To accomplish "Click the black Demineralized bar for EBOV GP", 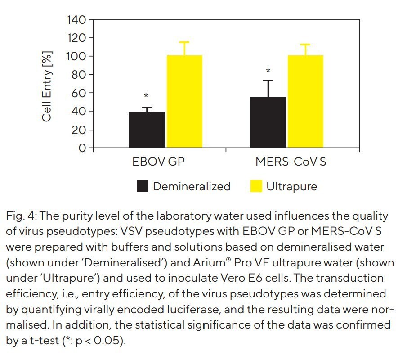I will (147, 130).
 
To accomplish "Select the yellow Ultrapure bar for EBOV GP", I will (184, 101).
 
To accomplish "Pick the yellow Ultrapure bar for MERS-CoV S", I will (305, 101).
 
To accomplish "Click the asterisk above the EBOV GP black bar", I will (146, 96).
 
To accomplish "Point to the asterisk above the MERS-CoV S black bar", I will (268, 71).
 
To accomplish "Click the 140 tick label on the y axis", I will (77, 20).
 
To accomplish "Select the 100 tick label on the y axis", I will (77, 56).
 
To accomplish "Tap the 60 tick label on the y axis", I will (80, 93).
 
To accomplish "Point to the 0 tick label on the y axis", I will (83, 148).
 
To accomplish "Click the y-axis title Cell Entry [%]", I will (47, 86).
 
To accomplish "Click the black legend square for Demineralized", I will (143, 186).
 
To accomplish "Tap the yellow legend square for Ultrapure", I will (256, 186).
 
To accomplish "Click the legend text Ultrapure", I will (291, 186).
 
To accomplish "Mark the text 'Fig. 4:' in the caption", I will (20, 216).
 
